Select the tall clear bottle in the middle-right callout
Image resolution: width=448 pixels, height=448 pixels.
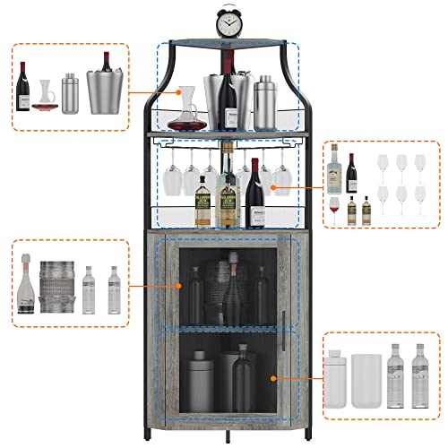pyautogui.click(x=334, y=170)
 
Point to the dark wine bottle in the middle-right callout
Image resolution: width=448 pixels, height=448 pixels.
pyautogui.click(x=352, y=173)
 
